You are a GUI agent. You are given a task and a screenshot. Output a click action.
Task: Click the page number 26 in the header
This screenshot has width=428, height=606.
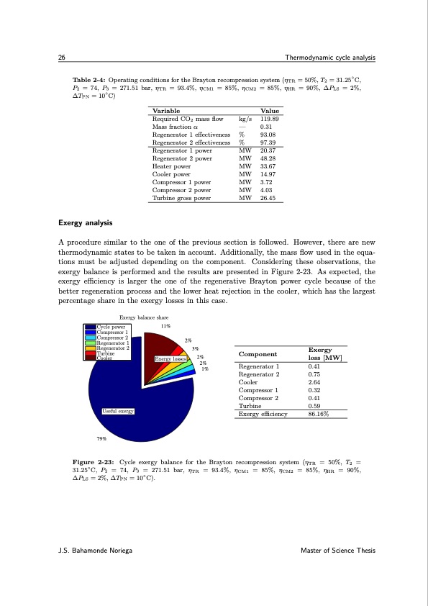62,58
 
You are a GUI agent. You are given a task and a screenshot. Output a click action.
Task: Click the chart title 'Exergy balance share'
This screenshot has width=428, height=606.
142,317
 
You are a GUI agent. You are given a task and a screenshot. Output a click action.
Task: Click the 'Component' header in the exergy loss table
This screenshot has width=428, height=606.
258,353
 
